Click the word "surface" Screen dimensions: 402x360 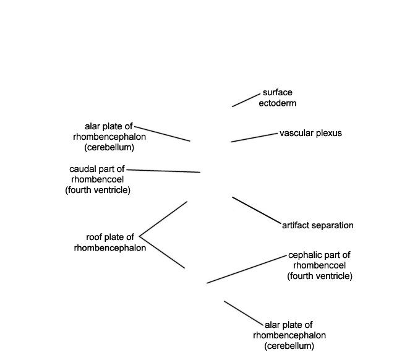point(278,92)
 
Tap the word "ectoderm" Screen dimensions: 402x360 point(278,103)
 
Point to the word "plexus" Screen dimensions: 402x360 point(329,134)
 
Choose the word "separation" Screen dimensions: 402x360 point(332,226)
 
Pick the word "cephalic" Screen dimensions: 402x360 point(304,255)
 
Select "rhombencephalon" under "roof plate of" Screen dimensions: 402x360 point(110,248)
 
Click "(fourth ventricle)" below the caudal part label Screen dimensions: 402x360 point(98,191)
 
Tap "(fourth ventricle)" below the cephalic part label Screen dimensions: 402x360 point(320,276)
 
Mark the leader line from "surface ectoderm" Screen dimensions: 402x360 point(246,100)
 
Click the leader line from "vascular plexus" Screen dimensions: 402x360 point(254,137)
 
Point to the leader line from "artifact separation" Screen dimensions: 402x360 point(257,210)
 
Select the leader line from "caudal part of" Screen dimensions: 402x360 point(163,171)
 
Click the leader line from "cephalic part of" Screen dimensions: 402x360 point(247,269)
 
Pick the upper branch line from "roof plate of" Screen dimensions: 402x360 point(163,219)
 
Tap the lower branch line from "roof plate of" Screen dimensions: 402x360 point(162,252)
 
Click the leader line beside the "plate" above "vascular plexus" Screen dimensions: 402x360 point(162,134)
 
